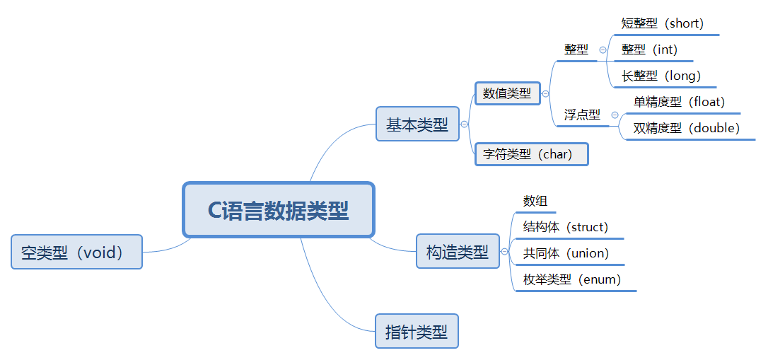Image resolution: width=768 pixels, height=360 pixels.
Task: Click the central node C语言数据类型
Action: pos(278,210)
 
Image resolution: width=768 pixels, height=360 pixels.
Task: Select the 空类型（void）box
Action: pos(76,252)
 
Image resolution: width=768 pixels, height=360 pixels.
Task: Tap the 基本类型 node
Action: pos(417,124)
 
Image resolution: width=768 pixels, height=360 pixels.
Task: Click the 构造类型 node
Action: pos(457,251)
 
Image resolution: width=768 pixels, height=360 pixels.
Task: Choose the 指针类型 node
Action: pos(417,331)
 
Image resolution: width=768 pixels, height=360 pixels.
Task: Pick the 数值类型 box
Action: pos(507,93)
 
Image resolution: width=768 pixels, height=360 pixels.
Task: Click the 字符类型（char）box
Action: pos(531,153)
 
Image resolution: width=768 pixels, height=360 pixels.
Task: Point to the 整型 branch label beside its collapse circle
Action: pos(576,50)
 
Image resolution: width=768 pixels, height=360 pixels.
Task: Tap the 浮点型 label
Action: pos(582,115)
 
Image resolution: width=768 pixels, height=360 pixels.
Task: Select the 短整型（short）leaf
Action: pos(663,23)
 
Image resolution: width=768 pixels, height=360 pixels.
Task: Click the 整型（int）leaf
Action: pos(649,50)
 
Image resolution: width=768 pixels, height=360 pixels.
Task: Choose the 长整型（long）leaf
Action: pos(661,75)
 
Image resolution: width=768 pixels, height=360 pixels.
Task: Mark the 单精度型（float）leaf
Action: pos(679,102)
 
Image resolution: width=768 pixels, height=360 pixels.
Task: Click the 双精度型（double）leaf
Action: pos(686,128)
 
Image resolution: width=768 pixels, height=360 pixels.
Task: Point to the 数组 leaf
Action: pos(535,201)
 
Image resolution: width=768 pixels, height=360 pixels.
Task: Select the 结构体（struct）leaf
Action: pos(565,227)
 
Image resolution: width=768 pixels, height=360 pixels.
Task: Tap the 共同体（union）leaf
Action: pos(566,253)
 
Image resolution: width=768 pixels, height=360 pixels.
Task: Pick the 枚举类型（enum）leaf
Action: pos(572,279)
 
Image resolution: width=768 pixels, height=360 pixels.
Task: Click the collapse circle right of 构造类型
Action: pos(504,251)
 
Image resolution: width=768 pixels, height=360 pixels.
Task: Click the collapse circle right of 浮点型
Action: pos(615,115)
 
